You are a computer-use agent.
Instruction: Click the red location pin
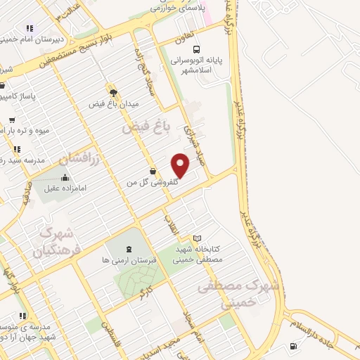click(181, 165)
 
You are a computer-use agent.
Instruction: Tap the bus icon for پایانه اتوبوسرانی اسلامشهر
click(197, 49)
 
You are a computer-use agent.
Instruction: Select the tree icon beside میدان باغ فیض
click(112, 91)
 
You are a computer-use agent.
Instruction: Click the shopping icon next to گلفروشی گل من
click(153, 171)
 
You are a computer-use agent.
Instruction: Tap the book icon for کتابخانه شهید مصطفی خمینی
click(197, 238)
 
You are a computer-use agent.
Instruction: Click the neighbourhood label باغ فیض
click(147, 128)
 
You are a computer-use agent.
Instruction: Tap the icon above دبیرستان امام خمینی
click(30, 28)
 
